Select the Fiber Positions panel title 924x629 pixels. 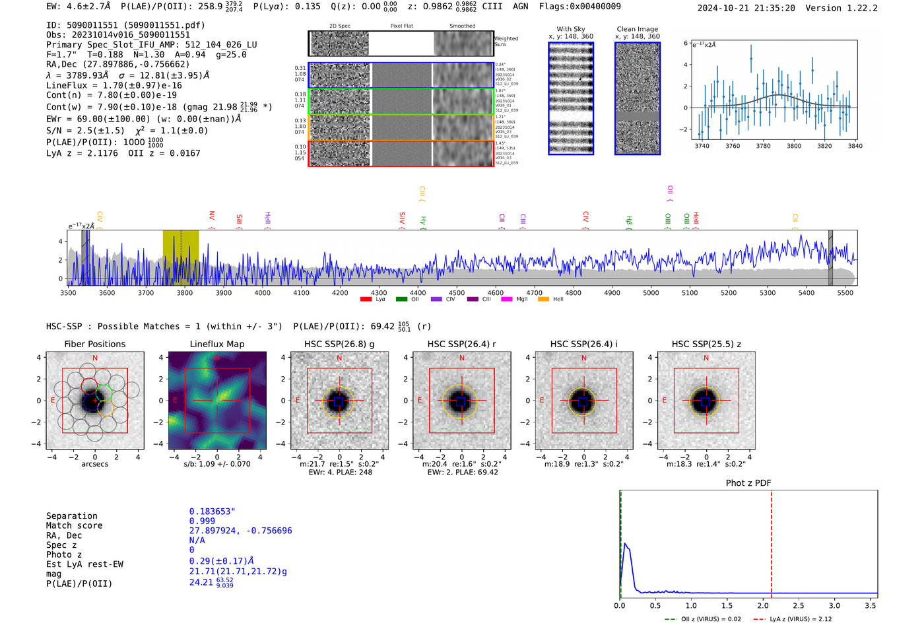tap(94, 344)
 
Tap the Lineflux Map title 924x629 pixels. tap(217, 344)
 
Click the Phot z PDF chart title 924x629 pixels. tap(748, 483)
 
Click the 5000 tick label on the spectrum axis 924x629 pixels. tap(651, 292)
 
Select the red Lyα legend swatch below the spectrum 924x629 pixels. tap(366, 300)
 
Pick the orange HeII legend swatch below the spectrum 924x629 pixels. tap(543, 300)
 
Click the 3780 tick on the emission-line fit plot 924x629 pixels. tap(763, 146)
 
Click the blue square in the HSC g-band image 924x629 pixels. tap(339, 401)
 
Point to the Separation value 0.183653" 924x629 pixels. tap(212, 512)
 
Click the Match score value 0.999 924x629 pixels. tap(202, 521)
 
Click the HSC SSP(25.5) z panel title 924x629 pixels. tap(706, 344)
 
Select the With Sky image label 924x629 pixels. tap(571, 29)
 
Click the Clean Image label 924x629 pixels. tap(638, 29)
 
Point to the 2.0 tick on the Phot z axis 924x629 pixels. tap(763, 605)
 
